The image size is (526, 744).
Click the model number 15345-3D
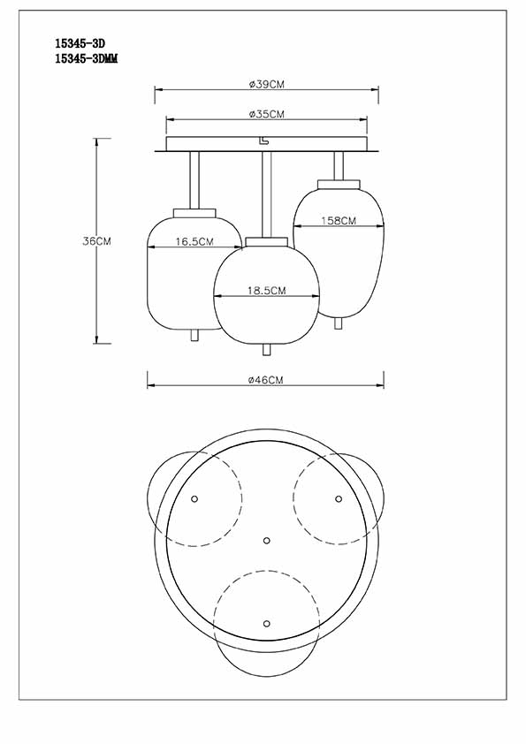pyautogui.click(x=80, y=43)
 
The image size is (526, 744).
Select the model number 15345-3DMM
pyautogui.click(x=87, y=59)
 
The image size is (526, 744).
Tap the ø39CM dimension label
pyautogui.click(x=267, y=85)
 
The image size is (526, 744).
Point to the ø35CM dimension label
pyautogui.click(x=267, y=114)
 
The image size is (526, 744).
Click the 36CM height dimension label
pyautogui.click(x=96, y=241)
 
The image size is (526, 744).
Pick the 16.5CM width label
pyautogui.click(x=194, y=241)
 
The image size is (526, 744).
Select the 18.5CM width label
pyautogui.click(x=266, y=291)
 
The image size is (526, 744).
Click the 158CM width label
pyautogui.click(x=339, y=221)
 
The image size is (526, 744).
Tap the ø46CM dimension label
pyautogui.click(x=265, y=380)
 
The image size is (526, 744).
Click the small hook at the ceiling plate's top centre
pyautogui.click(x=263, y=140)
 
